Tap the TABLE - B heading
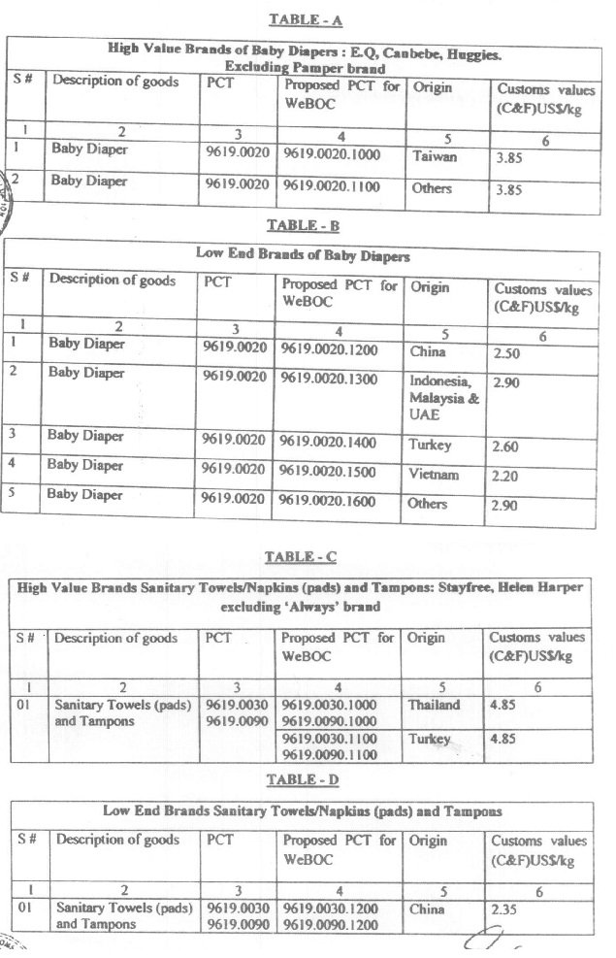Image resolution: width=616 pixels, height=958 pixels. click(x=304, y=225)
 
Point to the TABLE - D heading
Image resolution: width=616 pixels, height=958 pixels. click(x=303, y=778)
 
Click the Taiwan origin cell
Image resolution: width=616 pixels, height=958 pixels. click(x=434, y=154)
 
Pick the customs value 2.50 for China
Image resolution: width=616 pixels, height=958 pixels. click(x=508, y=354)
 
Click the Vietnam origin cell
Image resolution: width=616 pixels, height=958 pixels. click(x=434, y=476)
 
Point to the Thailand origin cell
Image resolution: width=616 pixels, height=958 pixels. click(x=435, y=706)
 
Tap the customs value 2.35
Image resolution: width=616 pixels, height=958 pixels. click(x=507, y=908)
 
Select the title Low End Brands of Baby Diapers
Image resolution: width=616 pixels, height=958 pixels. click(x=303, y=256)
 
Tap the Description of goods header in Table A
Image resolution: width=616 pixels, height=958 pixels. click(x=115, y=82)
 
